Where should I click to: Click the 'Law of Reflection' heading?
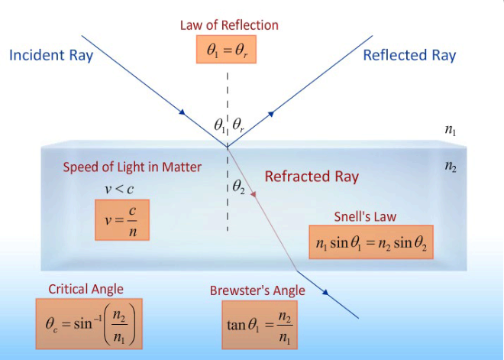tap(229, 25)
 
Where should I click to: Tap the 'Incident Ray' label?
tap(51, 55)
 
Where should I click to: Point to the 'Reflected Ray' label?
tap(409, 55)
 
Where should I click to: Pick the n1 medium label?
tap(451, 131)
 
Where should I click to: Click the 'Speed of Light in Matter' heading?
tap(132, 168)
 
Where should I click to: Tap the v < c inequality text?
tap(120, 188)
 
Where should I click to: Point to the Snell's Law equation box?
tap(370, 244)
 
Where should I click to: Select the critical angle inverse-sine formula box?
tap(89, 322)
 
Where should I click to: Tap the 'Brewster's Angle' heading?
tap(257, 290)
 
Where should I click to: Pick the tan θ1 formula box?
tap(259, 324)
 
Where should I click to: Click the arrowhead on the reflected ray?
tap(270, 115)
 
